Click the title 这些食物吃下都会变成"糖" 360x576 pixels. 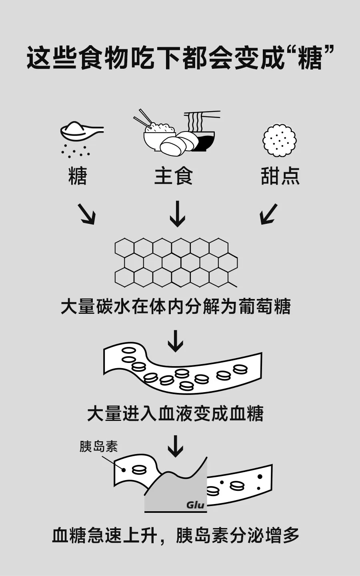pos(180,58)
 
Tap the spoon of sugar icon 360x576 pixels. pos(80,131)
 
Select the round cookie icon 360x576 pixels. pos(280,140)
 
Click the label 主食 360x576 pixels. pos(173,176)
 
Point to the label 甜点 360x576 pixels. pos(280,176)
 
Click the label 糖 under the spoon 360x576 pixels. pos(78,176)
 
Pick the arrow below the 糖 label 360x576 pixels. pos(86,214)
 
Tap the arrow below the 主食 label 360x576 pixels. pos(177,214)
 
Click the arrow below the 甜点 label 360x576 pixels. pos(268,214)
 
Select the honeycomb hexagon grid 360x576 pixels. pos(176,262)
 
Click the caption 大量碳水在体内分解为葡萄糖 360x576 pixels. pos(176,307)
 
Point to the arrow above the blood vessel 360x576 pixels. pos(175,341)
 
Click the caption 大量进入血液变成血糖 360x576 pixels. pos(175,414)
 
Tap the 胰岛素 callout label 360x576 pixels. pos(98,446)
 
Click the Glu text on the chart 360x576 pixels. pos(195,504)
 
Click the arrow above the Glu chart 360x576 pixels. pos(175,446)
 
